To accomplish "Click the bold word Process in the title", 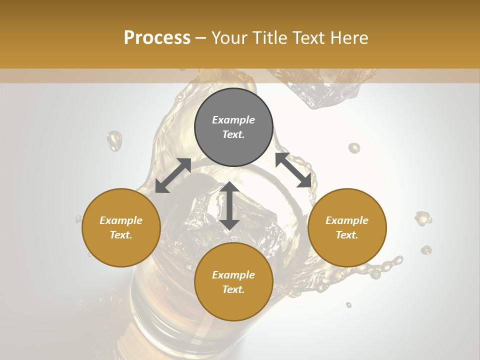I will (x=157, y=38).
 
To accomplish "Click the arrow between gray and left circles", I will (x=173, y=175).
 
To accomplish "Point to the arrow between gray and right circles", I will (x=293, y=170).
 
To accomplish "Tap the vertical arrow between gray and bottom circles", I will (x=229, y=205).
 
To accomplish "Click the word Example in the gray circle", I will (x=233, y=120).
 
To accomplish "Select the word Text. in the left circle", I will (x=121, y=235).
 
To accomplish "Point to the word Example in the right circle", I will (x=347, y=220).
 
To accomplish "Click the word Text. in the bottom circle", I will (x=233, y=289).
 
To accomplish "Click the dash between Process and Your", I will (x=200, y=38).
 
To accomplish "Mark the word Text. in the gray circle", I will (x=233, y=134).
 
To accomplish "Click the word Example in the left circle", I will (x=121, y=220).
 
